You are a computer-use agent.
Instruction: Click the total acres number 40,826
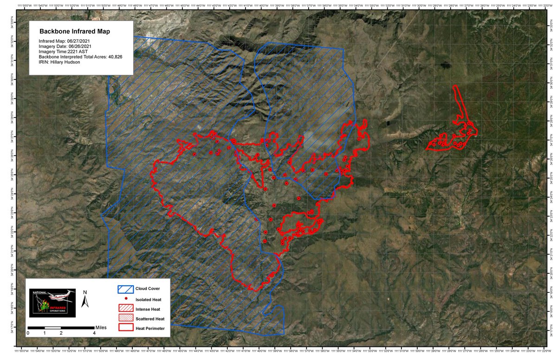(113, 57)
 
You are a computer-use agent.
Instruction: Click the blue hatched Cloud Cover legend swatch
(125, 289)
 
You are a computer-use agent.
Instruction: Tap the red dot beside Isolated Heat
(126, 299)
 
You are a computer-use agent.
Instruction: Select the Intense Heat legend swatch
(125, 309)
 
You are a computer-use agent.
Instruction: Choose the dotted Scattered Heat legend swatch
(125, 319)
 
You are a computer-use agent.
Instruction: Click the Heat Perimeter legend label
(150, 329)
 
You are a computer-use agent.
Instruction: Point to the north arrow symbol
(85, 302)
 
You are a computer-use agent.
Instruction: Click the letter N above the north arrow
(85, 292)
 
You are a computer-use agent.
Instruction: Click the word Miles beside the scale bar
(101, 327)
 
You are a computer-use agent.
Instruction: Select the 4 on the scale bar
(94, 333)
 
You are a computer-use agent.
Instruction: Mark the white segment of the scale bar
(53, 328)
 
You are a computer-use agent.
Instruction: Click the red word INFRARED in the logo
(61, 307)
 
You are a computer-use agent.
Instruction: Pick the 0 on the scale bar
(28, 333)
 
